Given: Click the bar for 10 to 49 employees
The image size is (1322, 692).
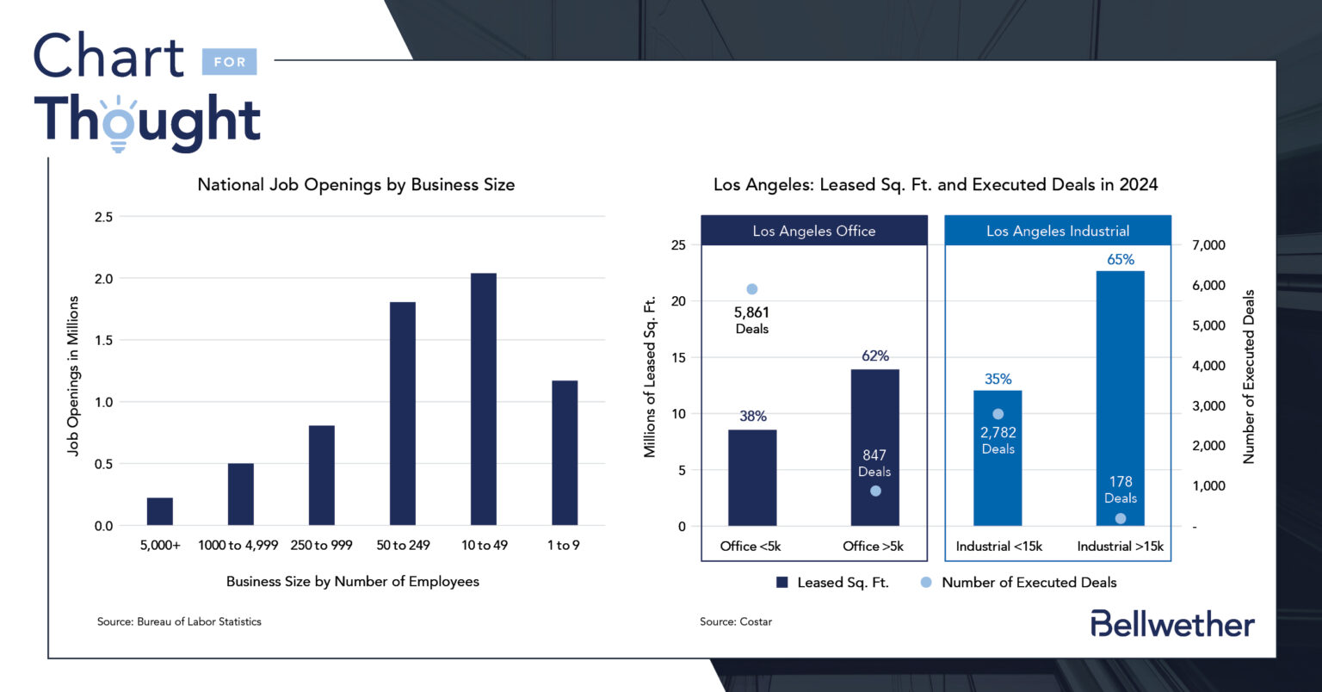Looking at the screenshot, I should [x=483, y=399].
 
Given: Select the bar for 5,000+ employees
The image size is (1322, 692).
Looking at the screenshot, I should [x=160, y=511].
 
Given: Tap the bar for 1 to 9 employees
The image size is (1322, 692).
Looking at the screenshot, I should [x=564, y=453].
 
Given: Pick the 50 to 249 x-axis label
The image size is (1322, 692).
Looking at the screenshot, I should [x=403, y=545].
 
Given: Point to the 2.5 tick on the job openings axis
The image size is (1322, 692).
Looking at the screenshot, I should [x=103, y=217].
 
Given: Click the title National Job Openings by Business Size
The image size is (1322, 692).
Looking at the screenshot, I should [x=355, y=184].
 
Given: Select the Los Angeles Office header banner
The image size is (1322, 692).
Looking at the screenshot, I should [x=813, y=231].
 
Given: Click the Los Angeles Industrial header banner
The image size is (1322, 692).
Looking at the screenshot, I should [x=1058, y=231].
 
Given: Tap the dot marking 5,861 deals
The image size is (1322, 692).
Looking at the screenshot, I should [x=751, y=289].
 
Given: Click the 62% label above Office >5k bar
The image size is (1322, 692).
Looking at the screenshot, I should [x=874, y=355].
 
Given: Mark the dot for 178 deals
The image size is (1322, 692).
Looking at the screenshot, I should [x=1120, y=518].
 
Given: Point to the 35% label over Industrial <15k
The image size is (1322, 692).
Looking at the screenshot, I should [x=998, y=379].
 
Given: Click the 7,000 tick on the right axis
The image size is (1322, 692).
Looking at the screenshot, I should [x=1208, y=245].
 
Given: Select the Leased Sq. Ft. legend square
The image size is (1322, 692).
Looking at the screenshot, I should [x=782, y=583].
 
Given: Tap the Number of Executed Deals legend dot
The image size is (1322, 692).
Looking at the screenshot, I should [x=926, y=583].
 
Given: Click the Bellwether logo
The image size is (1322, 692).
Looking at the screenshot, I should [x=1172, y=624].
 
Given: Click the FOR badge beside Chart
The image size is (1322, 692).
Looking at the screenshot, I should [x=230, y=62].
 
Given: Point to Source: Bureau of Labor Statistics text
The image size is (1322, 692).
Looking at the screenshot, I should [x=179, y=621].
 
